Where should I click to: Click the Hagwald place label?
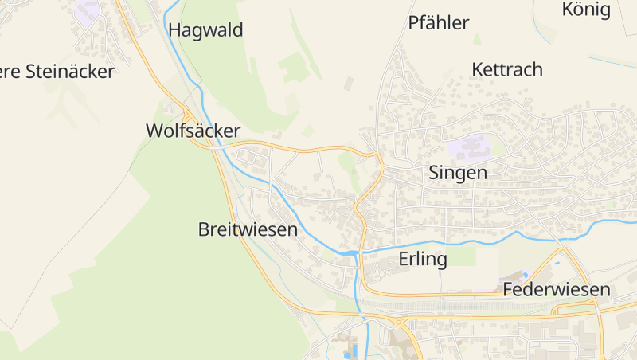206,31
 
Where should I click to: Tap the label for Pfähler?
439,23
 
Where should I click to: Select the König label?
586,10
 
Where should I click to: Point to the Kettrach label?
507,69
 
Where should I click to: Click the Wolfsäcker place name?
193,131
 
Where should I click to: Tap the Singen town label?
458,172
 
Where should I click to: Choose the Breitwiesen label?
248,230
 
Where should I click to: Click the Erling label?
423,259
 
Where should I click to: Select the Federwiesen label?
557,290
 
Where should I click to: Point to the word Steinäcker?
70,72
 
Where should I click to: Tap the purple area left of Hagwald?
88,10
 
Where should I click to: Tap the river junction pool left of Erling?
351,253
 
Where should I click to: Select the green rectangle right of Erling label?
462,256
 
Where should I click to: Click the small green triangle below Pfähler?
477,39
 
